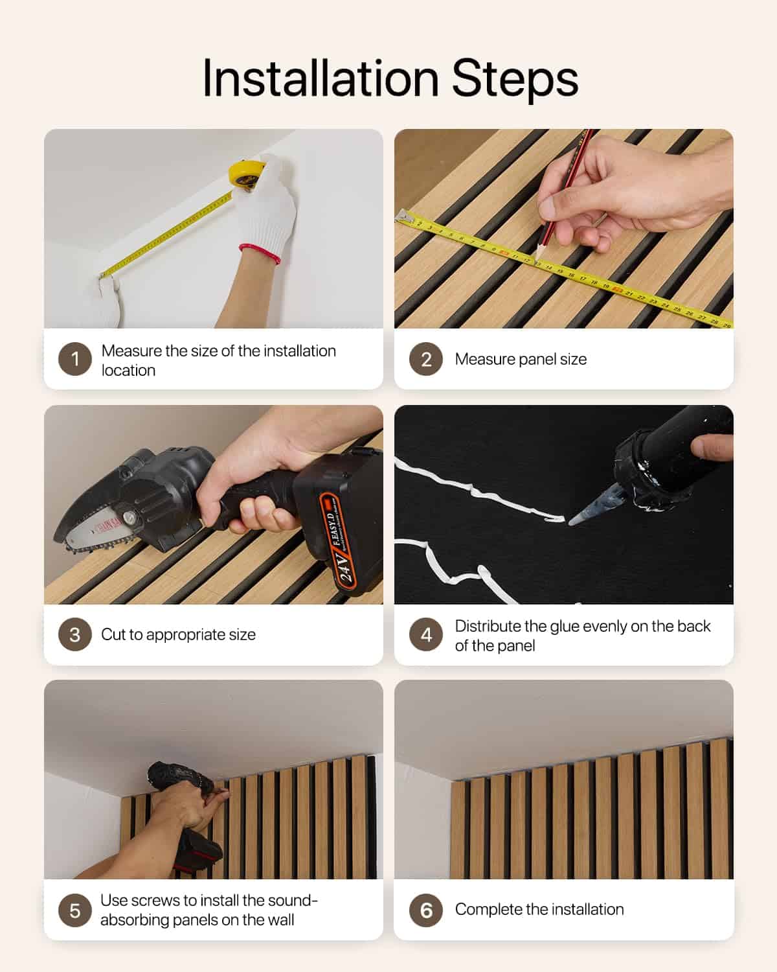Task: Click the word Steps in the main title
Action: click(x=515, y=79)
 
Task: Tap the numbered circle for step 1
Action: click(x=75, y=359)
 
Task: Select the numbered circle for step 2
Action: click(x=426, y=359)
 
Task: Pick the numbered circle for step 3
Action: click(x=75, y=634)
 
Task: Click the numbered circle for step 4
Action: click(x=426, y=635)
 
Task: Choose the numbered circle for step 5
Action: click(x=75, y=910)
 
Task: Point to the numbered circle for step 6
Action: click(x=426, y=910)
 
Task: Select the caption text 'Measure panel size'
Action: click(x=521, y=359)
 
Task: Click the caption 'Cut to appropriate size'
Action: click(x=178, y=634)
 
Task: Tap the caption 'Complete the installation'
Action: click(x=539, y=909)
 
